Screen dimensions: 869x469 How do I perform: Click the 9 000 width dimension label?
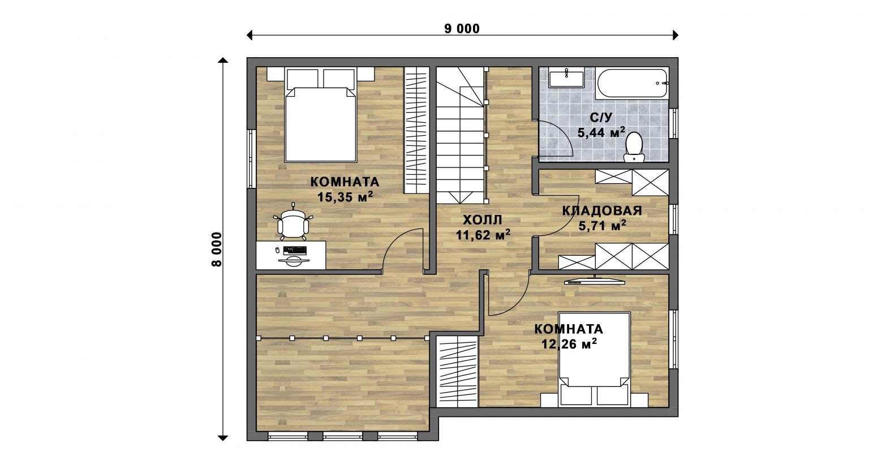[x=462, y=29]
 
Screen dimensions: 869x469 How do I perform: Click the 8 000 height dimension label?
[x=217, y=249]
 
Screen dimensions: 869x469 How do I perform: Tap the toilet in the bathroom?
[x=634, y=147]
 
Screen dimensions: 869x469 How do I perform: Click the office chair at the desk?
[x=293, y=223]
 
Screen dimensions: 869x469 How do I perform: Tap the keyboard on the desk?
[x=295, y=250]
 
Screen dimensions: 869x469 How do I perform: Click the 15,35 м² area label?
[x=345, y=196]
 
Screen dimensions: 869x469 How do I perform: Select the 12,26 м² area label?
[x=569, y=343]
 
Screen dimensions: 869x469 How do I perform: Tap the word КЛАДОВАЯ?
[x=602, y=210]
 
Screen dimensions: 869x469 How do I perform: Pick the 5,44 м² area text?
[x=601, y=132]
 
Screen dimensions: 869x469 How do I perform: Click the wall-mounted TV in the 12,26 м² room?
[x=595, y=281]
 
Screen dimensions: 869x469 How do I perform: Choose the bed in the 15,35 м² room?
[x=320, y=115]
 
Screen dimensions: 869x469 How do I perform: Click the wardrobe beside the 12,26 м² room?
[x=457, y=371]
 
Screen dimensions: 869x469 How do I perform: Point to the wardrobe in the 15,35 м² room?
[x=416, y=130]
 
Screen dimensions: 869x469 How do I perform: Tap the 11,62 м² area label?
[x=483, y=234]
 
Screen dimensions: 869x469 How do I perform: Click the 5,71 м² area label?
[x=602, y=225]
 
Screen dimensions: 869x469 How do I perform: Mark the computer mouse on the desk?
[x=277, y=250]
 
